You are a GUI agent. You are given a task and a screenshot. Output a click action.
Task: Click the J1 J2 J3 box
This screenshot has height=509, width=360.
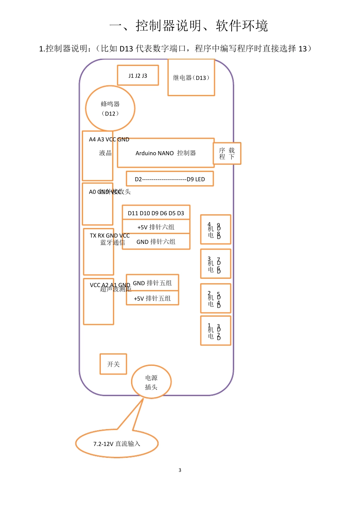click(x=138, y=75)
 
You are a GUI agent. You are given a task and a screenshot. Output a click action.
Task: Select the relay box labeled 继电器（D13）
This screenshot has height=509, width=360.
click(x=191, y=78)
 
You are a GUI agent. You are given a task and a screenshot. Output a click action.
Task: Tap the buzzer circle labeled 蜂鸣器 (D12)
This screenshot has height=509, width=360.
click(x=110, y=108)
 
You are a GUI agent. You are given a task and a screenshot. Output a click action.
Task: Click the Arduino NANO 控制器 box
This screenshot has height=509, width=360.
click(x=166, y=153)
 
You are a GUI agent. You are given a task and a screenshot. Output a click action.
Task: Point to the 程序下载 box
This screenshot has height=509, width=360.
click(x=227, y=153)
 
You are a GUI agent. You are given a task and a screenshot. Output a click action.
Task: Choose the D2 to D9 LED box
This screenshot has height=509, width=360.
click(x=170, y=179)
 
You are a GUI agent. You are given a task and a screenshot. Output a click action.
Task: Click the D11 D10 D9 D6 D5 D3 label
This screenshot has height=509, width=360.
click(x=156, y=213)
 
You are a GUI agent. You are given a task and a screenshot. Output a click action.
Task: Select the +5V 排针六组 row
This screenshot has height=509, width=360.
click(x=156, y=227)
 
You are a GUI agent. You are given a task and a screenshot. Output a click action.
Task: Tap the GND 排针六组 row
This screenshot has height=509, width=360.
click(x=156, y=242)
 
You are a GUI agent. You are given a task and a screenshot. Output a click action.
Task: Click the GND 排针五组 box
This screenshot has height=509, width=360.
click(x=152, y=283)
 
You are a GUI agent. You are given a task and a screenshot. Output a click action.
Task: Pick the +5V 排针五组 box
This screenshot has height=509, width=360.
click(x=152, y=298)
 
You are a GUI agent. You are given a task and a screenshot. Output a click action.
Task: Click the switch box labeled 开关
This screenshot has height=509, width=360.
click(x=113, y=364)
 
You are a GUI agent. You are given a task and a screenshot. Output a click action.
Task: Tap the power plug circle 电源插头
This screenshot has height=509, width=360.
click(x=151, y=382)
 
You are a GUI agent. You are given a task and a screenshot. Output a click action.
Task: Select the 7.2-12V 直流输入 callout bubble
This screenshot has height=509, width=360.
click(x=117, y=443)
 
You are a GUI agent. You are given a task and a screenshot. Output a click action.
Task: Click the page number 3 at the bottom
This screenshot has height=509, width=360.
click(x=180, y=470)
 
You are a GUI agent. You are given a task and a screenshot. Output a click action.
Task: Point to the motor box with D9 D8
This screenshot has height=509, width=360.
click(x=215, y=230)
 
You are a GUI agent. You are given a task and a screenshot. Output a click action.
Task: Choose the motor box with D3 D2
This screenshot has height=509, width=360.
click(x=215, y=331)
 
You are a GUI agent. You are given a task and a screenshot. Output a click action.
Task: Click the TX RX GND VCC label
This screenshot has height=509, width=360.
click(x=110, y=236)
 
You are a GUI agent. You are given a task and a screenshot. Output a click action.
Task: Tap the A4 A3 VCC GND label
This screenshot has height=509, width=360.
click(x=109, y=139)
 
